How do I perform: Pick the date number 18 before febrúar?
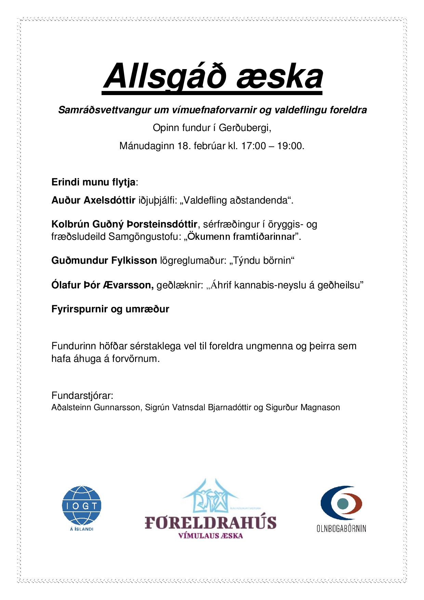183,146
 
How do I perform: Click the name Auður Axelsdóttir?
93,200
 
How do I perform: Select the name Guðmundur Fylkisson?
104,261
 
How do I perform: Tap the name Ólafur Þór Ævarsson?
102,285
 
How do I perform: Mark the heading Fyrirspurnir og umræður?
110,309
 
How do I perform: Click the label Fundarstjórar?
82,396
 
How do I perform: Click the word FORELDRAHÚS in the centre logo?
210,523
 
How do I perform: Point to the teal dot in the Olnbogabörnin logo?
342,504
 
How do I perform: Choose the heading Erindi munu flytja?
94,182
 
